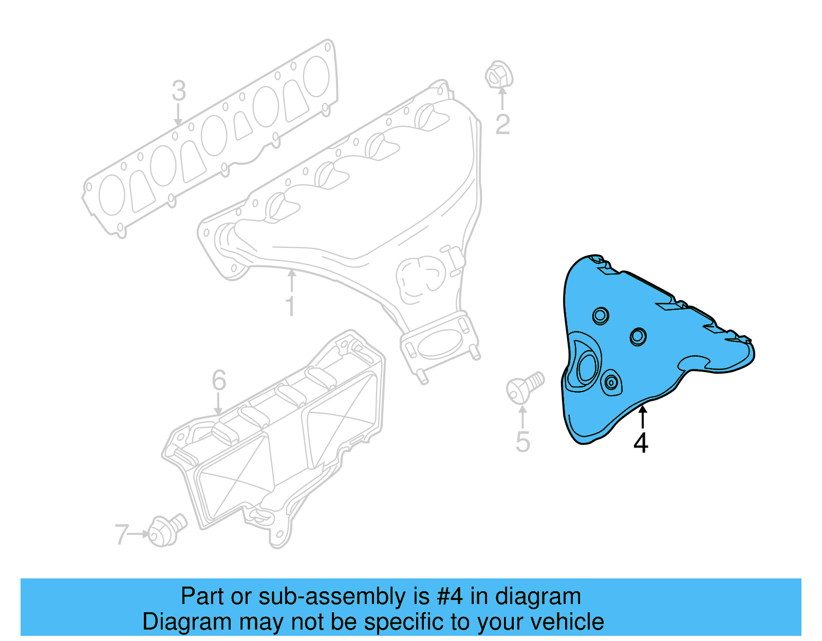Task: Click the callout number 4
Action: pos(641,443)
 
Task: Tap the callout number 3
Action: pos(178,91)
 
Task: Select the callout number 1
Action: pos(290,306)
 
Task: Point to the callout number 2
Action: pos(502,124)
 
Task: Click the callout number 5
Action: pos(522,442)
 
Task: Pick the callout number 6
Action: pos(219,380)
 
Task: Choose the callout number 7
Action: pos(121,534)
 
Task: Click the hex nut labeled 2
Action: pos(498,76)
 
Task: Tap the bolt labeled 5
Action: pos(524,387)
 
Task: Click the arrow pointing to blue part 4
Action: pos(642,416)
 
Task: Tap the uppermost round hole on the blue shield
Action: pos(601,315)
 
